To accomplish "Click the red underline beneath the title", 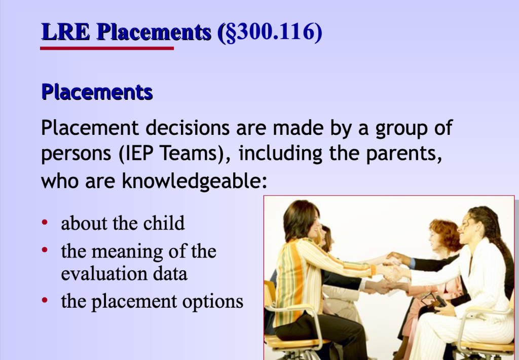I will (x=107, y=48).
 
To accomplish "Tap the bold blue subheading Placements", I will (x=97, y=92).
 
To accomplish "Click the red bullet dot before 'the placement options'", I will (x=46, y=301).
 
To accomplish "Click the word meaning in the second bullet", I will (x=129, y=251).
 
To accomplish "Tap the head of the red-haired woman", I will (x=444, y=234).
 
